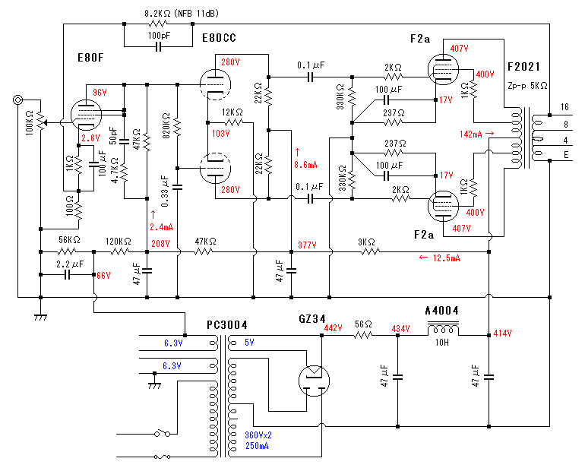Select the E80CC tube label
[x=219, y=37]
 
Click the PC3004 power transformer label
[x=226, y=325]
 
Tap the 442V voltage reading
[x=334, y=328]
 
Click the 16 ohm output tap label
[x=564, y=106]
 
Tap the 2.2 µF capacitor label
[x=71, y=264]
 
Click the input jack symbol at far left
[x=16, y=100]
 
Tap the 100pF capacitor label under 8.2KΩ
[x=159, y=36]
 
